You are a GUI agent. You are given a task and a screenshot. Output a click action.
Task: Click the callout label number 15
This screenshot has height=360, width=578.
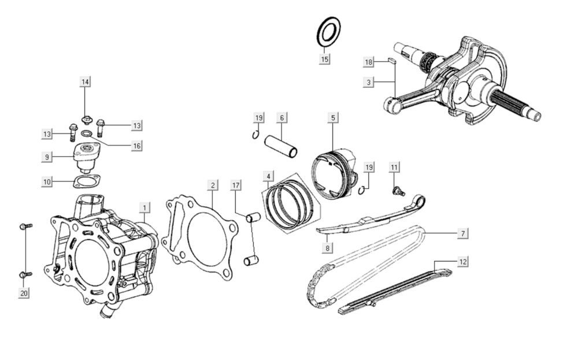(x=324, y=59)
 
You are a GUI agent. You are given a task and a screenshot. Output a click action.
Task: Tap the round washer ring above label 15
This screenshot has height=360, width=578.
(x=328, y=32)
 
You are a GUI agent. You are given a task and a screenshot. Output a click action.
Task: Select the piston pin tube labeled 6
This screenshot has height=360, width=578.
(x=281, y=146)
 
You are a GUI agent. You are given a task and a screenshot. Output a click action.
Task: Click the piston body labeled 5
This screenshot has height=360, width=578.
(x=333, y=174)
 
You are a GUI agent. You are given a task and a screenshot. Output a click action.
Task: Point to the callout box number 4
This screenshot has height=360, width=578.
(x=268, y=176)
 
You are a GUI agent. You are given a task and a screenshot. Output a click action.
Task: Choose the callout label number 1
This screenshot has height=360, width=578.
(x=144, y=206)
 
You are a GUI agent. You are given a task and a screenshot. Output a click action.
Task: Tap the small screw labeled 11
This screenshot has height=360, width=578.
(x=397, y=190)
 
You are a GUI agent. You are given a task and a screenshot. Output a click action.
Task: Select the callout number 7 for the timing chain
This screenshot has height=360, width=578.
(x=462, y=233)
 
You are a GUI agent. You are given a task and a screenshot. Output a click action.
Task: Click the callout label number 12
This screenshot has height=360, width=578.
(x=462, y=262)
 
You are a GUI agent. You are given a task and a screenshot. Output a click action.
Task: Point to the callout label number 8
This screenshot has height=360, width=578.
(x=327, y=248)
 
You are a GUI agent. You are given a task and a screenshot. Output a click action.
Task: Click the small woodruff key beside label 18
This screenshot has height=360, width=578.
(x=391, y=59)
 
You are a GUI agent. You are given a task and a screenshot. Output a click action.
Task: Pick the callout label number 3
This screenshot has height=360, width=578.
(x=368, y=82)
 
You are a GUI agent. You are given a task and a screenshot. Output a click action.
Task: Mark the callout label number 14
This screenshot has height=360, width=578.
(x=85, y=82)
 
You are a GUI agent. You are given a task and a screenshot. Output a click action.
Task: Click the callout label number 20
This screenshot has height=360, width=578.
(x=24, y=294)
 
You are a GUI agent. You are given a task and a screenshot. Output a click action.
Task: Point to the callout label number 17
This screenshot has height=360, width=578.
(x=235, y=185)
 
